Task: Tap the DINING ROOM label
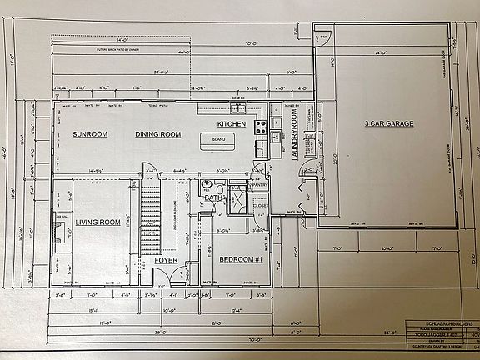[158, 134]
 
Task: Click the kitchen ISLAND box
[219, 140]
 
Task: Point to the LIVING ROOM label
[97, 222]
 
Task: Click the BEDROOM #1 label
[242, 259]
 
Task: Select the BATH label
[213, 198]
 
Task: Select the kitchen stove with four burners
[260, 127]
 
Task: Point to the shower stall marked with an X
[236, 201]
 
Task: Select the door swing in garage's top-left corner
[323, 37]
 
